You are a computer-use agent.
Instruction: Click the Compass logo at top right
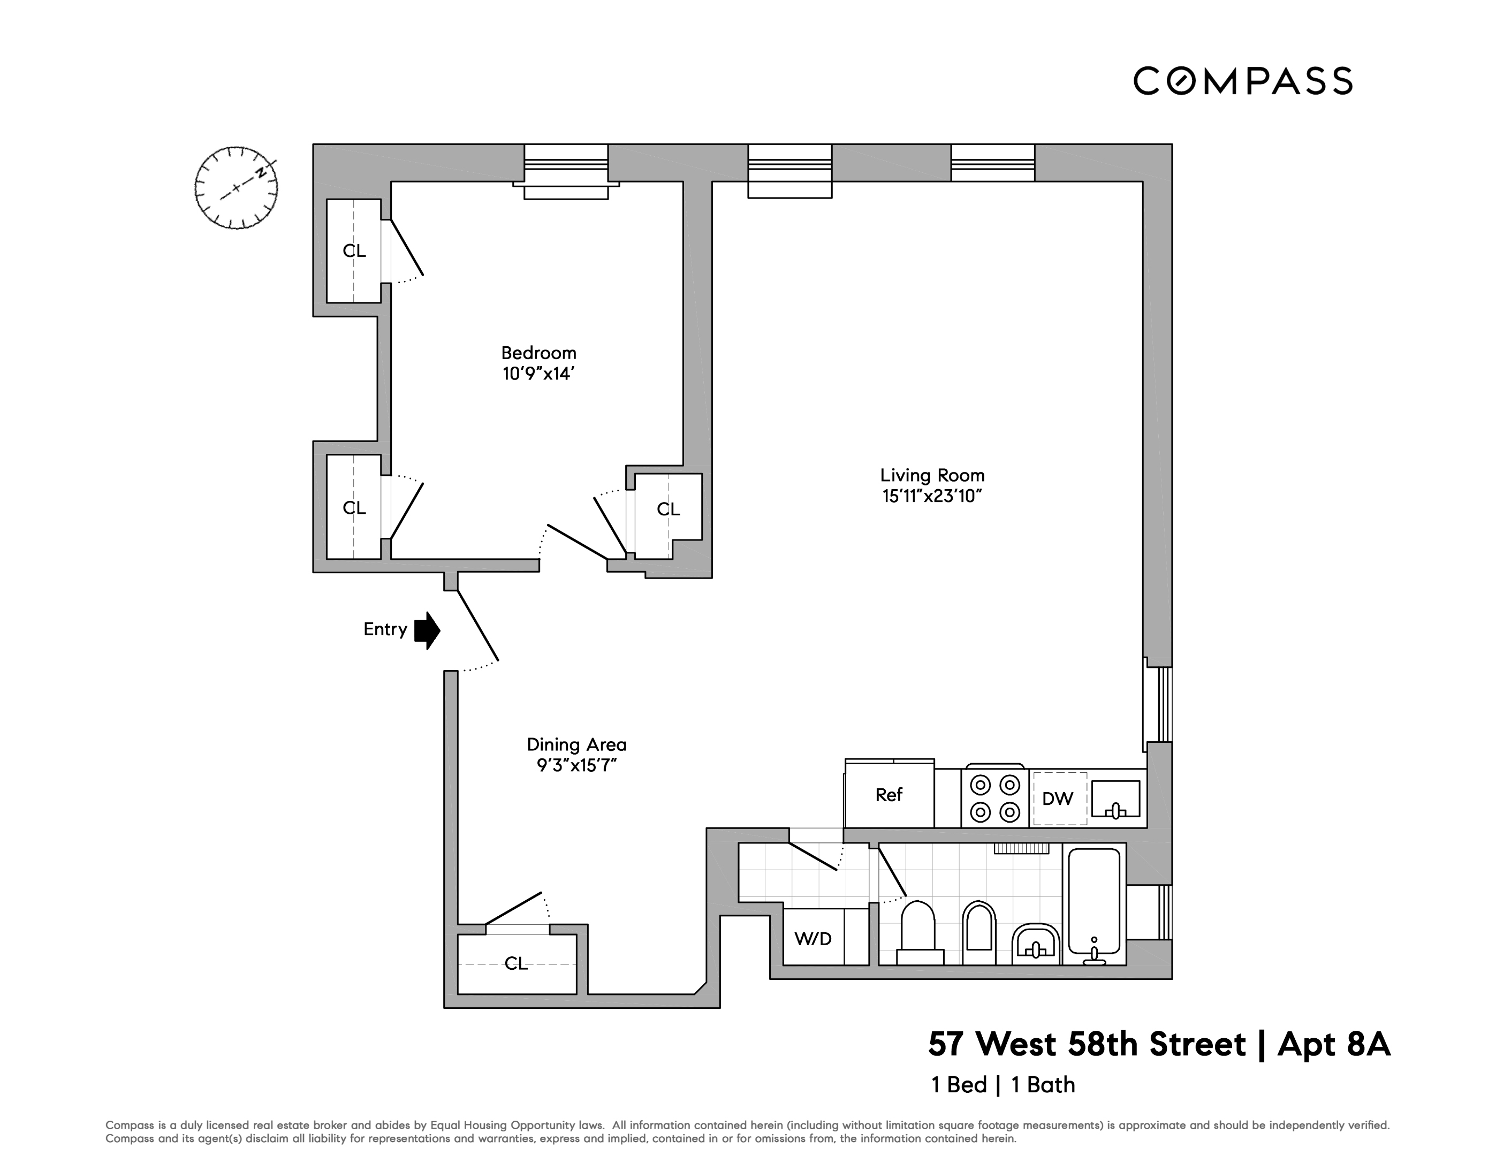pyautogui.click(x=1242, y=81)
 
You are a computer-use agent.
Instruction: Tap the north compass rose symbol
pyautogui.click(x=237, y=188)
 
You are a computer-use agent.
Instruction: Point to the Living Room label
pyautogui.click(x=932, y=475)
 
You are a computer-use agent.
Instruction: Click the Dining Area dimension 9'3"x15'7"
pyautogui.click(x=577, y=765)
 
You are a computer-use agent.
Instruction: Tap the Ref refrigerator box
pyautogui.click(x=889, y=794)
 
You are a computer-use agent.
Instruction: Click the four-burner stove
pyautogui.click(x=994, y=798)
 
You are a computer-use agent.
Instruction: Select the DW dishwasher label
pyautogui.click(x=1057, y=798)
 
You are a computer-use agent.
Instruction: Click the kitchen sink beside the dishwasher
pyautogui.click(x=1115, y=798)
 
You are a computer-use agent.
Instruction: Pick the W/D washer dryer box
pyautogui.click(x=813, y=938)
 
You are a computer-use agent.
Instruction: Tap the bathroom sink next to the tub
pyautogui.click(x=1036, y=944)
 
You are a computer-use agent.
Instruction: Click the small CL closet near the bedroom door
pyautogui.click(x=668, y=509)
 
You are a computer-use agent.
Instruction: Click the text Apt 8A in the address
pyautogui.click(x=1334, y=1044)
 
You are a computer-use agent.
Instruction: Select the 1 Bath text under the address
pyautogui.click(x=1043, y=1085)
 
